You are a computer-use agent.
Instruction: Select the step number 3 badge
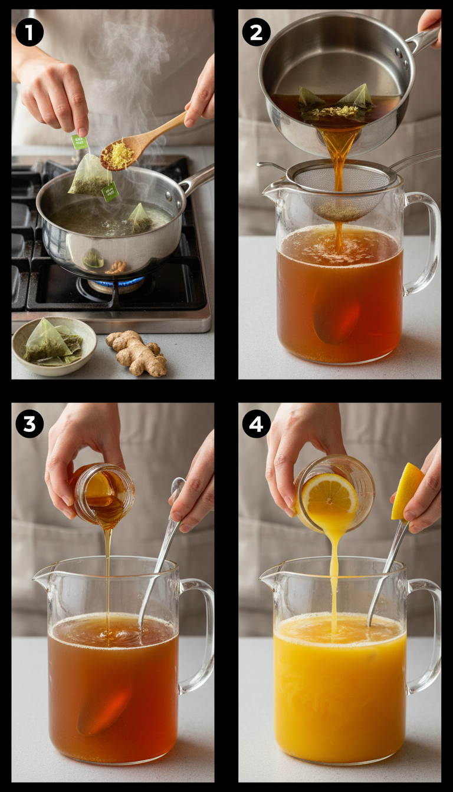click(x=29, y=424)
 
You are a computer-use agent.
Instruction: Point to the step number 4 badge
click(x=256, y=424)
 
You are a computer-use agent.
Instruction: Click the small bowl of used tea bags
click(x=54, y=345)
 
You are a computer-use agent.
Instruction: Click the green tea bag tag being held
click(x=80, y=142)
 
